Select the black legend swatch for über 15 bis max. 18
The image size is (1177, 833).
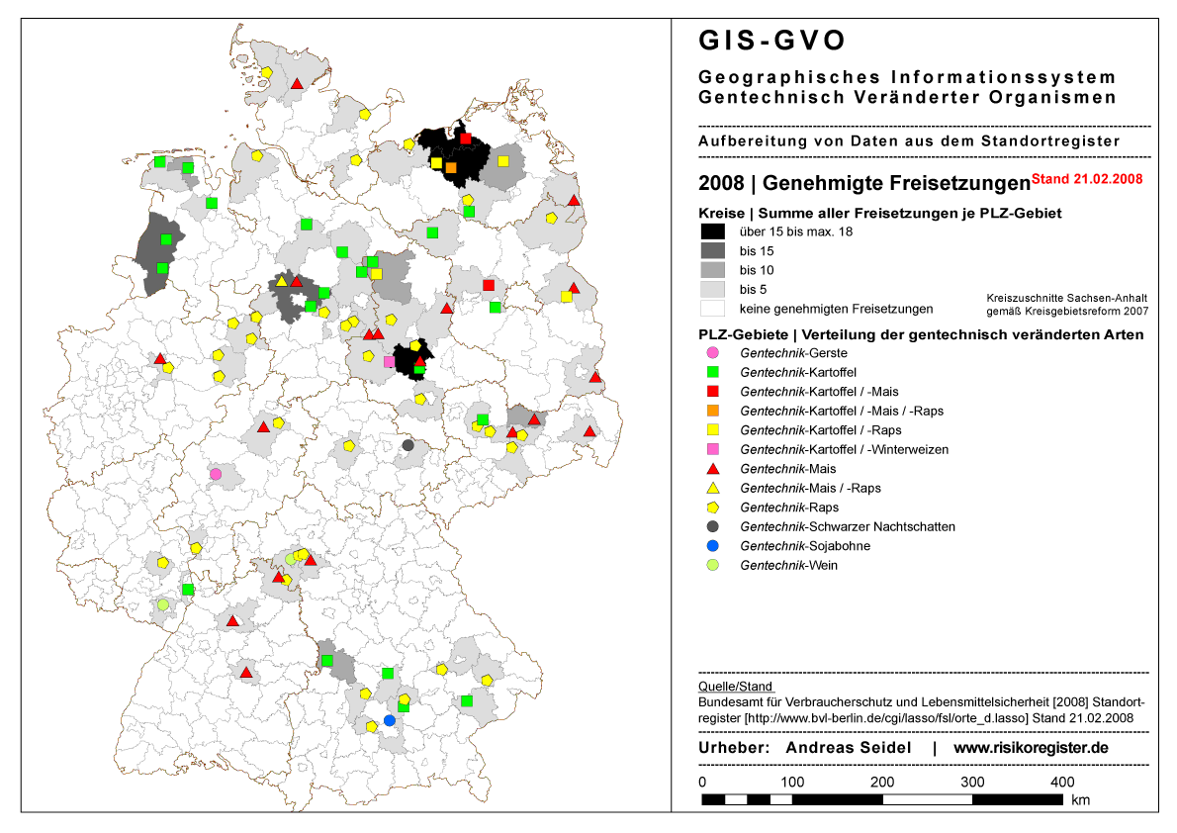(x=712, y=231)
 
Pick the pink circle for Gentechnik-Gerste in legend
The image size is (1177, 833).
(x=712, y=353)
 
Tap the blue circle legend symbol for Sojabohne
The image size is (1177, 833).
(x=712, y=546)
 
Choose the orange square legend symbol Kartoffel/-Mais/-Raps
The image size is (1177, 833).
(x=712, y=411)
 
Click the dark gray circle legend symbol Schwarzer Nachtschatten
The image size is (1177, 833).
(x=712, y=526)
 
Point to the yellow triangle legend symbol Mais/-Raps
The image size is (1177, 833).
(x=712, y=488)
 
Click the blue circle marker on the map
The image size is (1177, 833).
(x=389, y=720)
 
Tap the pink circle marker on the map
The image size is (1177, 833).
(x=216, y=474)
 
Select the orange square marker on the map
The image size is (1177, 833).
(x=451, y=167)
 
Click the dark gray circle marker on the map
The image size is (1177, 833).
(x=407, y=445)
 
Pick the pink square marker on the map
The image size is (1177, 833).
(x=389, y=362)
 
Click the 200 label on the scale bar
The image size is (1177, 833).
(x=882, y=783)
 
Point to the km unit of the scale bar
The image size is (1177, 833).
(x=1079, y=799)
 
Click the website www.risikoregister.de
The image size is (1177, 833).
(x=1031, y=748)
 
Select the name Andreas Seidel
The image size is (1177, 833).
(x=848, y=748)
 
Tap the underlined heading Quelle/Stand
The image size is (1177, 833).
(x=736, y=686)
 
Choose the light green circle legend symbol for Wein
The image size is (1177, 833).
(x=712, y=565)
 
